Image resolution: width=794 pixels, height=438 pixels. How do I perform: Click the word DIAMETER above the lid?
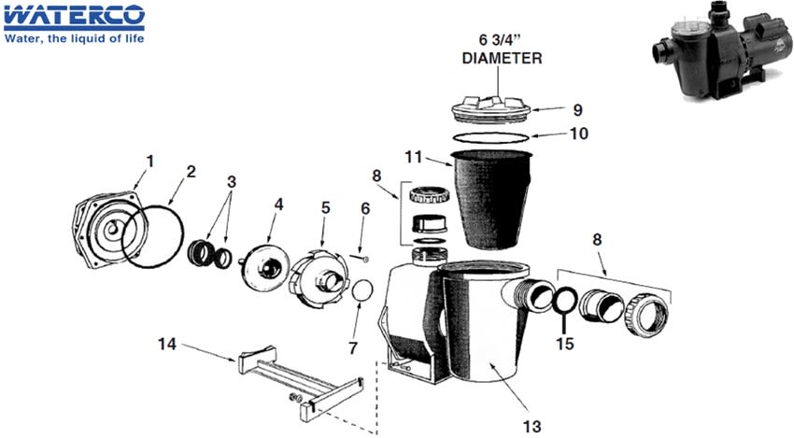point(502,58)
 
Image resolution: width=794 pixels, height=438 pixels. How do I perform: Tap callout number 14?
point(166,344)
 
